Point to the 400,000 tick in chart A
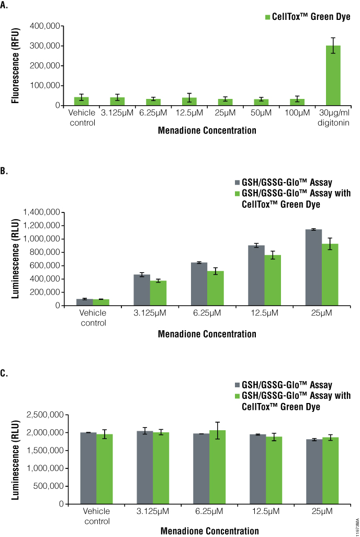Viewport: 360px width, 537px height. click(44, 26)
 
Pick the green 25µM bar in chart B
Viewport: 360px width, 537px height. click(330, 275)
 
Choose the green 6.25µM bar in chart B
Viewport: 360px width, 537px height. click(215, 288)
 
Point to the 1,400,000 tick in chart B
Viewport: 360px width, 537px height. click(41, 212)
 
